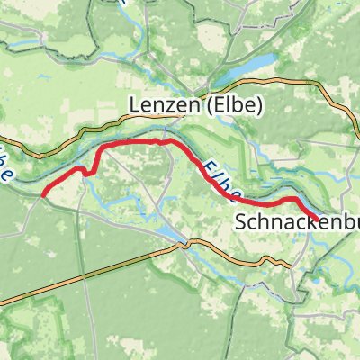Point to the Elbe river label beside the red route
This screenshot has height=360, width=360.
(220, 180)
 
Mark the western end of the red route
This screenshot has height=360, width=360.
(43, 193)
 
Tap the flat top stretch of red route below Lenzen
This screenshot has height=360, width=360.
(135, 142)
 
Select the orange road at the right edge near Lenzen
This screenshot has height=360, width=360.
(355, 117)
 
